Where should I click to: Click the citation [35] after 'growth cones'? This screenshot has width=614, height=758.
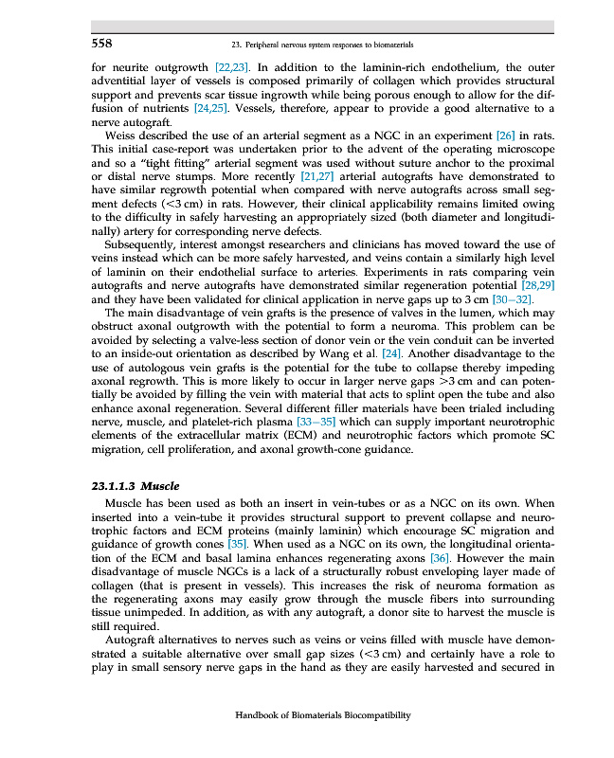coord(237,545)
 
